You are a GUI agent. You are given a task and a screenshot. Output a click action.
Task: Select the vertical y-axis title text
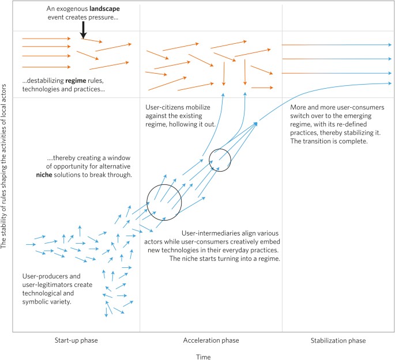[x=5, y=179]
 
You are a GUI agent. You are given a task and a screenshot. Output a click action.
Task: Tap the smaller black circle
[x=220, y=159]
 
